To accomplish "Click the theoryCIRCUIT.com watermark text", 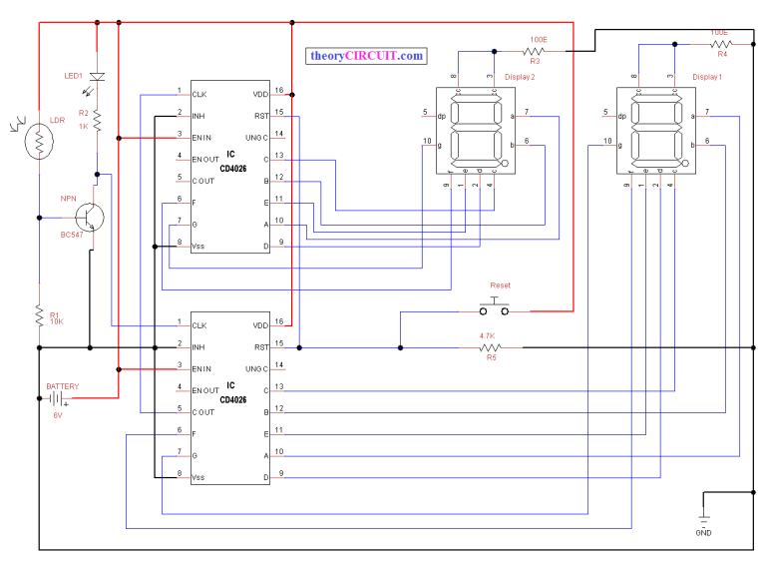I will click(367, 56).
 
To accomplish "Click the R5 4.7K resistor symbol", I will click(488, 348).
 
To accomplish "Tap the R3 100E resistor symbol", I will click(535, 50).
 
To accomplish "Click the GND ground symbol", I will click(703, 520).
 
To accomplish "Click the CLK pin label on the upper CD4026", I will click(199, 94).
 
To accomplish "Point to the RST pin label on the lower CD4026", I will click(261, 347).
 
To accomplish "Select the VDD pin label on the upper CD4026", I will click(260, 94).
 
